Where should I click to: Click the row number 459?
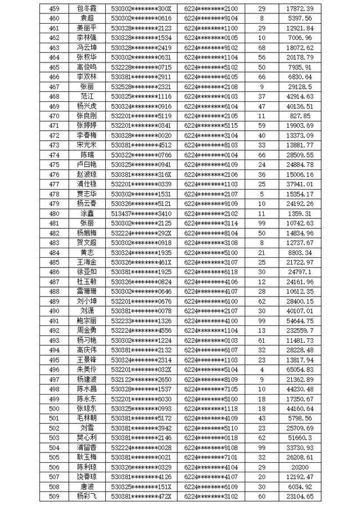[x=55, y=9]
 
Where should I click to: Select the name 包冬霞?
[x=87, y=9]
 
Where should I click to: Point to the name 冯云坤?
[x=87, y=48]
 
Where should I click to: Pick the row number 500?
[x=55, y=408]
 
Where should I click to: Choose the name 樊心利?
[x=87, y=437]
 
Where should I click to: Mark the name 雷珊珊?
[x=87, y=292]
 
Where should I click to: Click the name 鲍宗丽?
[x=87, y=321]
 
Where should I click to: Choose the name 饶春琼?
[x=87, y=477]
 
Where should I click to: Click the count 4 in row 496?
[x=262, y=369]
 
